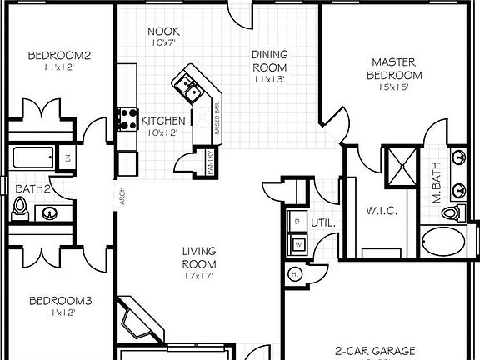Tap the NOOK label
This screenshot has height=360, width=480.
pos(163,32)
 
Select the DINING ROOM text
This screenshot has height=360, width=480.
pos(269,62)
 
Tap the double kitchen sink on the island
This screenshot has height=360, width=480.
pos(187,85)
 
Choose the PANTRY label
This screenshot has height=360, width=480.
pos(211,162)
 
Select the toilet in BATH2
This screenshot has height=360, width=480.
pos(21,208)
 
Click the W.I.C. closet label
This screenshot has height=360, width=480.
pos(382,211)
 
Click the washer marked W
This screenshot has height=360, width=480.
pos(297,243)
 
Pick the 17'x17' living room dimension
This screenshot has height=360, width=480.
pos(201,276)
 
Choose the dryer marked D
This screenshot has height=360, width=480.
pos(297,222)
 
